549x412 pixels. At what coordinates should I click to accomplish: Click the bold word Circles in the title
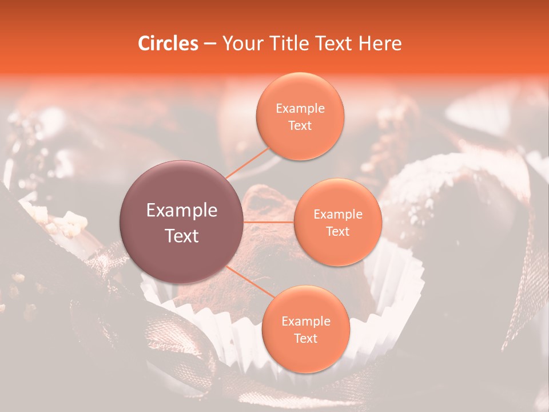click(168, 43)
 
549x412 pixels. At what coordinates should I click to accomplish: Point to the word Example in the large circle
click(182, 211)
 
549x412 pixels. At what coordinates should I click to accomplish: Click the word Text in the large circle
click(182, 236)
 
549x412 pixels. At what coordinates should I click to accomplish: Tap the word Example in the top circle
click(300, 109)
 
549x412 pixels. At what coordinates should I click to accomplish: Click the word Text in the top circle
click(300, 125)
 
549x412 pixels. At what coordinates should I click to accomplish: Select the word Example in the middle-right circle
click(338, 215)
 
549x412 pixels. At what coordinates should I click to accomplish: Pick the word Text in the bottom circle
click(305, 338)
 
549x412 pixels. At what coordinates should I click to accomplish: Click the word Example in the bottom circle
click(305, 322)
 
